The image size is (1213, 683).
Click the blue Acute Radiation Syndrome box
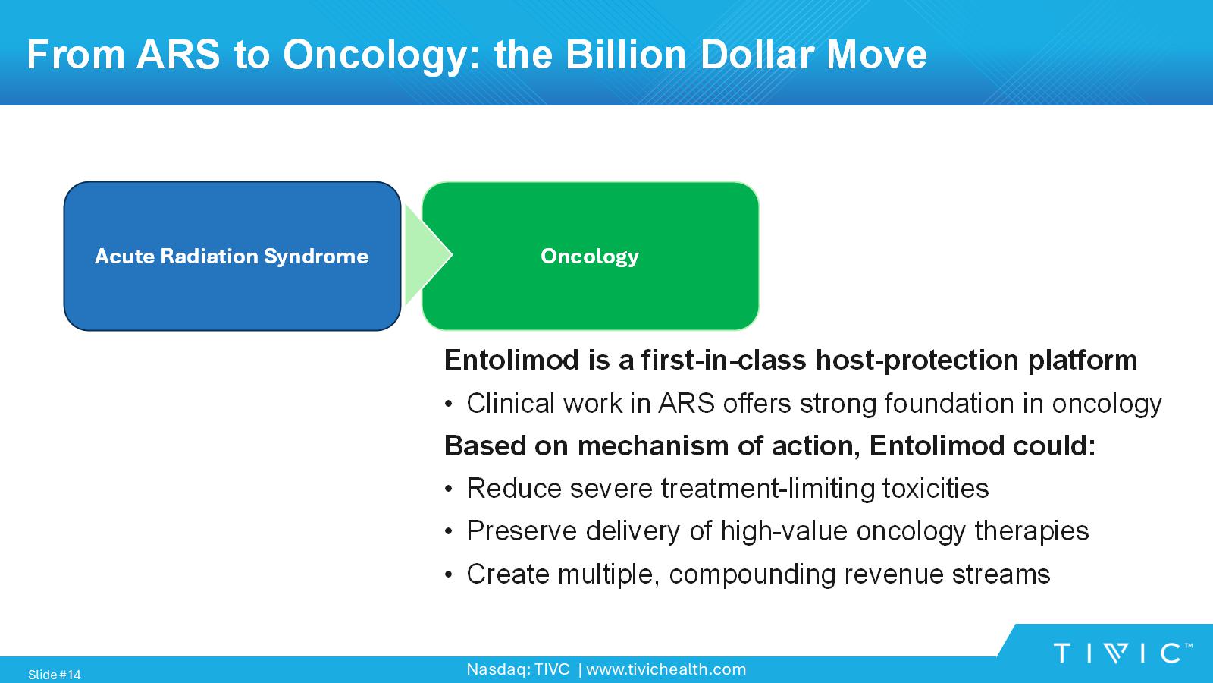(x=232, y=256)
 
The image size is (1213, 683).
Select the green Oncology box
(x=591, y=256)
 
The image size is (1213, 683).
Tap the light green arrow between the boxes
(x=428, y=255)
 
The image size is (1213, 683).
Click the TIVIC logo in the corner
(x=1123, y=653)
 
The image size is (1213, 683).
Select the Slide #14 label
(x=54, y=675)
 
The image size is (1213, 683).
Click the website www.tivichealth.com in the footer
(x=666, y=669)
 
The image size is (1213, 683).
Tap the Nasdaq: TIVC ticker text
(x=519, y=669)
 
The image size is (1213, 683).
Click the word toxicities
(x=936, y=488)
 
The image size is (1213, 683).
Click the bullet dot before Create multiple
(x=448, y=574)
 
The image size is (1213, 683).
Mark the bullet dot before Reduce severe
(x=448, y=489)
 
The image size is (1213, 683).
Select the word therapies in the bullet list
(x=1032, y=532)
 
